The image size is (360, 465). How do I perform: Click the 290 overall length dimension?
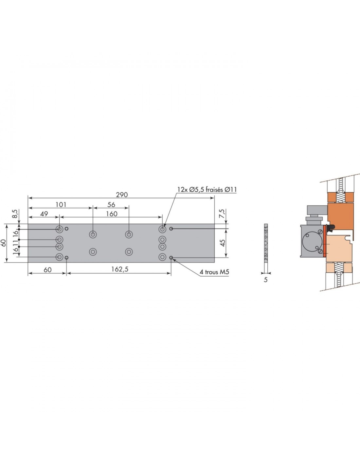[x=122, y=195]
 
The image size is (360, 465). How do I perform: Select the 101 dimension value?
[x=61, y=205]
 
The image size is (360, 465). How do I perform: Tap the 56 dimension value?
[x=111, y=205]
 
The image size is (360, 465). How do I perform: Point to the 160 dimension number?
[x=112, y=214]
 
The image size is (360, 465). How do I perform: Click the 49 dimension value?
[x=44, y=214]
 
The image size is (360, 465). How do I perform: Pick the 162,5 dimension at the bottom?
[x=120, y=269]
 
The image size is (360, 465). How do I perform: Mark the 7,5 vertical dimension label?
[x=223, y=213]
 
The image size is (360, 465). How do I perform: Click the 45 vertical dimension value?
[x=223, y=243]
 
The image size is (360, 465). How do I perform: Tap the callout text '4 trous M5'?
[x=214, y=272]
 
